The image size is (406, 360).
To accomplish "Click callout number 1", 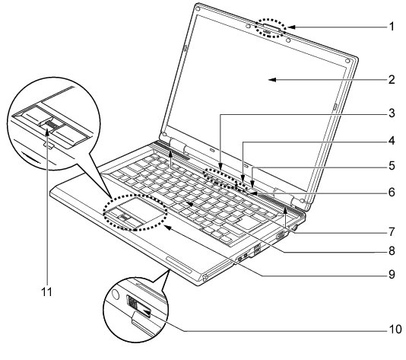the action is tap(392, 27).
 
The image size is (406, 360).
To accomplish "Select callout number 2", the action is tap(392, 80).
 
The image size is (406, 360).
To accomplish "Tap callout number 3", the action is tap(392, 113).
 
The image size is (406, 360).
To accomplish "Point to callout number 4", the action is tap(392, 141).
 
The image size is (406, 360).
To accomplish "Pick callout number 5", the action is tap(392, 166).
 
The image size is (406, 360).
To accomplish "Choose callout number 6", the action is tap(392, 192).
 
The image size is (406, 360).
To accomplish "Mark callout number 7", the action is tap(392, 231).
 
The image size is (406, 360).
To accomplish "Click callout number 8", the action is tap(392, 250).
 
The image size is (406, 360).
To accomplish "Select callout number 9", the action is tap(392, 275).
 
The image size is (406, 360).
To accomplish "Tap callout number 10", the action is tap(395, 330).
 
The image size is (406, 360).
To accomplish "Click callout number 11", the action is tap(47, 292).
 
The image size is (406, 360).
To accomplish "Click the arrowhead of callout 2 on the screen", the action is tap(273, 80).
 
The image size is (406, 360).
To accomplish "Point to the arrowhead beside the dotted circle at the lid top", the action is tap(291, 27).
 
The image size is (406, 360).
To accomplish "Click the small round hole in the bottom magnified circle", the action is tap(116, 295).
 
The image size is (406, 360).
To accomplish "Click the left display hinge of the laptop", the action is tap(178, 145).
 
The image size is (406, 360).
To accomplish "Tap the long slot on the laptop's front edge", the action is tap(179, 264).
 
